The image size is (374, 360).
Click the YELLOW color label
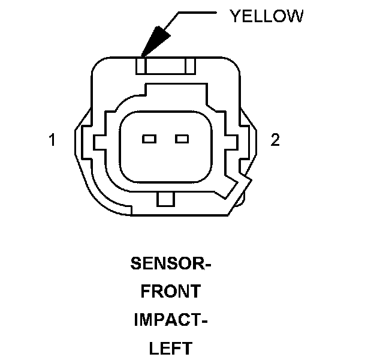point(266,16)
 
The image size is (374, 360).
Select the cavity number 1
point(53,140)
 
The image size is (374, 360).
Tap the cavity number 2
point(275,140)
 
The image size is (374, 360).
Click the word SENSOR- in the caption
point(171,263)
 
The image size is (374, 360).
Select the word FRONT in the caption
point(171,292)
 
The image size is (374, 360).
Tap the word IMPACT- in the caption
point(171,319)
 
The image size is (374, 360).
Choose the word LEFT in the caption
point(171,347)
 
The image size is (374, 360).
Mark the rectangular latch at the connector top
point(164,65)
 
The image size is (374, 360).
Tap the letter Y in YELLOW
point(235,16)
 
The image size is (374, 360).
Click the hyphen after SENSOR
point(209,265)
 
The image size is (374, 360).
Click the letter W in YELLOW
point(295,16)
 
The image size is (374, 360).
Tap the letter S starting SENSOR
point(135,263)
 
